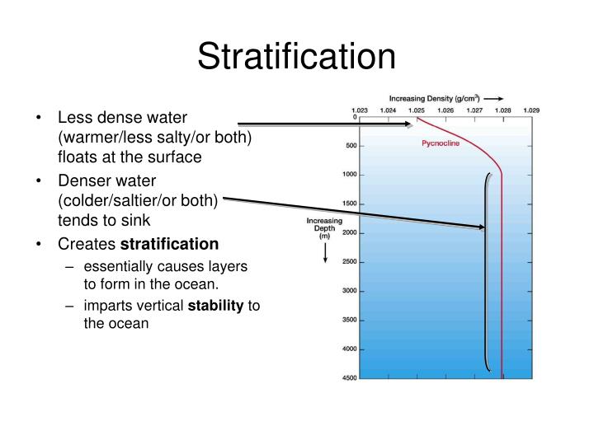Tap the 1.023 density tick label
tap(360, 110)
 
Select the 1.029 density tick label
tap(531, 110)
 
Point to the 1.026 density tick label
tap(445, 110)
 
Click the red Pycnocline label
tap(441, 143)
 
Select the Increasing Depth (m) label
tap(324, 228)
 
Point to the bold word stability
tap(221, 306)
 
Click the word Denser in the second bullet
tap(81, 180)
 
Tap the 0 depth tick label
tap(355, 118)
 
